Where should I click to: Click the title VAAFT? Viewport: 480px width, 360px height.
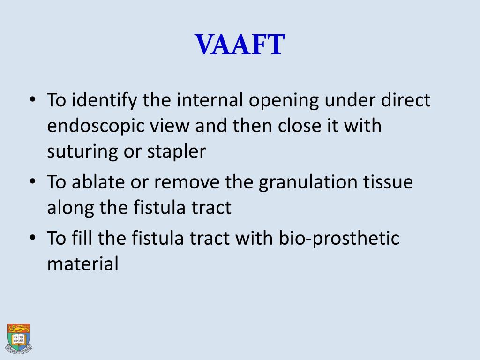pos(240,45)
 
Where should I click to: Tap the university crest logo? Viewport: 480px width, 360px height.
pos(18,338)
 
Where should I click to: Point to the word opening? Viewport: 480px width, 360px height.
pos(285,101)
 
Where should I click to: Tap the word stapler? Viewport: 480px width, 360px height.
pos(177,151)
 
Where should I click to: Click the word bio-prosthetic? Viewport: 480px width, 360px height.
pos(339,238)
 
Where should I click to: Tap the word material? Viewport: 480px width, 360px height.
pos(82,263)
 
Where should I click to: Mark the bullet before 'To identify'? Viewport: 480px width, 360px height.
pos(32,101)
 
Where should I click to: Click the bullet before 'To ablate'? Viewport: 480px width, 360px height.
pos(32,182)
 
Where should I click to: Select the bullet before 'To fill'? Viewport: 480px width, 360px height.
pos(32,238)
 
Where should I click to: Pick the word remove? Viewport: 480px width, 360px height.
pos(189,182)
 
